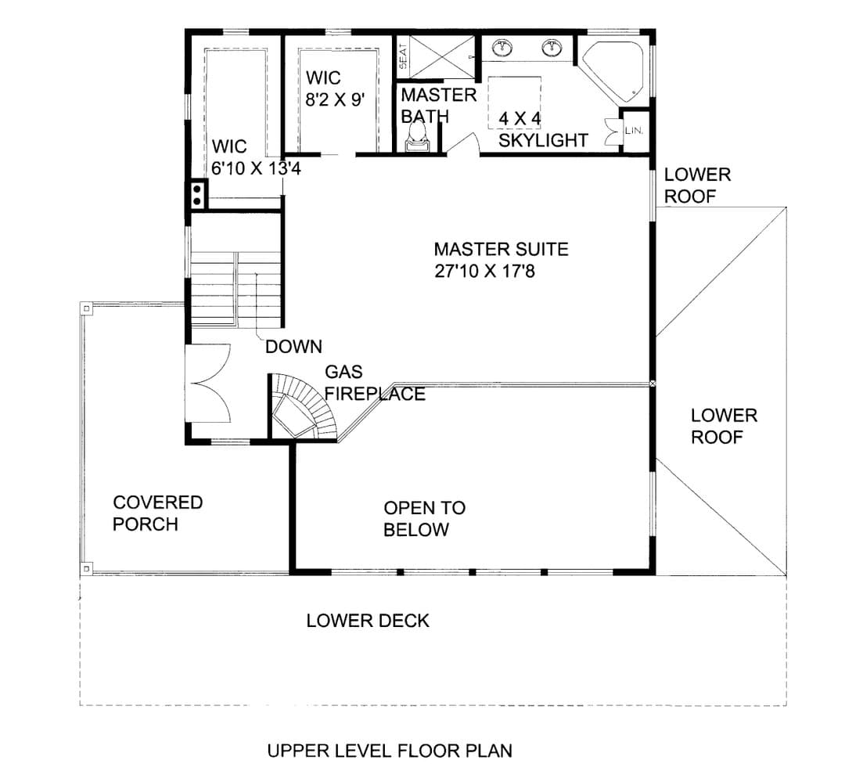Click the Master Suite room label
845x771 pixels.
502,249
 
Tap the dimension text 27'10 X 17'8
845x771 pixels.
484,271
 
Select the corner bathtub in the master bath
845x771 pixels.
613,72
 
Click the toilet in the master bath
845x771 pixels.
417,135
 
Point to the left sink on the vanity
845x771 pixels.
503,48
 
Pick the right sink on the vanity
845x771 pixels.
552,48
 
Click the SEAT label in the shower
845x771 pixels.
403,56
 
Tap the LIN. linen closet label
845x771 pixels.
634,131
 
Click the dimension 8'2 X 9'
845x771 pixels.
335,99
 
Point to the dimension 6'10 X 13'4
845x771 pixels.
256,169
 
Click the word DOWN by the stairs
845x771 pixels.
293,346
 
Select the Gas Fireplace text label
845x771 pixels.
375,383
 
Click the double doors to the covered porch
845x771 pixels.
209,383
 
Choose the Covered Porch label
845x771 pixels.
157,513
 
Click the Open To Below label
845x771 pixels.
425,519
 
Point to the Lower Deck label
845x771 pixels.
368,621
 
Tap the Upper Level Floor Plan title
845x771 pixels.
390,751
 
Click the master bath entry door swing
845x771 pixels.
463,144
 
